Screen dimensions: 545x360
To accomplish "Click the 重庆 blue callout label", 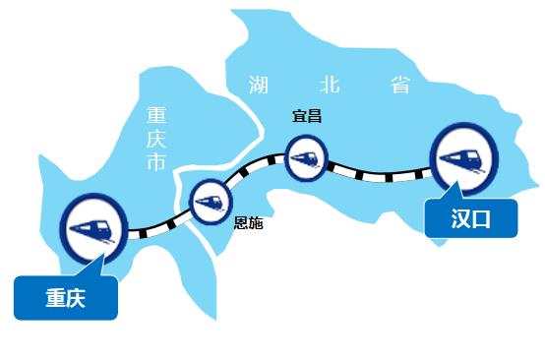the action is pyautogui.click(x=66, y=298).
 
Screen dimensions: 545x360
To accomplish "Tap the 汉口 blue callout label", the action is pyautogui.click(x=470, y=218).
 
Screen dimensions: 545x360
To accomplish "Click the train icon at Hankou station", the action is pyautogui.click(x=462, y=159).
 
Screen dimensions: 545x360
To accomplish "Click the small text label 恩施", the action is pyautogui.click(x=248, y=223).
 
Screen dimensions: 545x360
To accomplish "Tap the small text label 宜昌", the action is pyautogui.click(x=307, y=116).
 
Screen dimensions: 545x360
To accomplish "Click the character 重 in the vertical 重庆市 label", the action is pyautogui.click(x=154, y=114).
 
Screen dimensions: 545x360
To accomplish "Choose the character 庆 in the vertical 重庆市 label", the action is pyautogui.click(x=154, y=139).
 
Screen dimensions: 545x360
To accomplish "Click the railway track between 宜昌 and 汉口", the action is pyautogui.click(x=379, y=175).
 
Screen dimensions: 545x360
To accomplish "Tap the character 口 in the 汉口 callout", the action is pyautogui.click(x=482, y=218).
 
